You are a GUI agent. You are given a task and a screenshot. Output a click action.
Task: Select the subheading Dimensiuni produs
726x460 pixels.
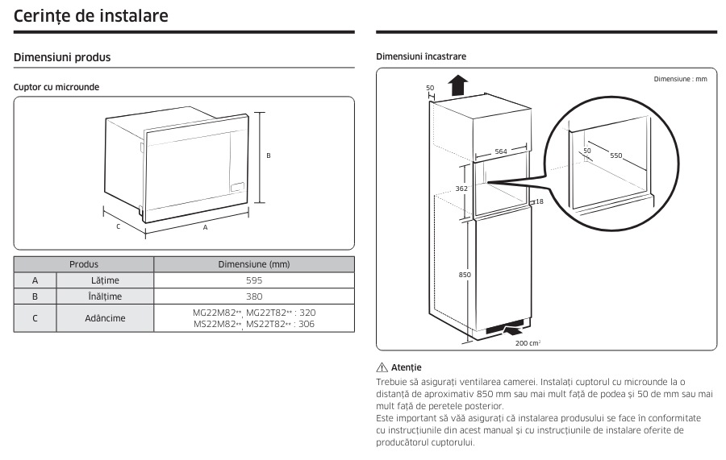click(62, 58)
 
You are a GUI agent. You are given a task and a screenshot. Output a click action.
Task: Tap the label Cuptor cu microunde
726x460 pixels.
click(56, 86)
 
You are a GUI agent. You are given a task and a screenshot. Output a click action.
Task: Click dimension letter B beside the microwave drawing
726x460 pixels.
click(269, 156)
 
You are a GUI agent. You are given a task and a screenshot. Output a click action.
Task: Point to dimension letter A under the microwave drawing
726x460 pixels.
click(205, 228)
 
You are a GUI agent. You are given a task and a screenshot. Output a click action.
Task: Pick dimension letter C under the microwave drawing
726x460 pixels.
click(118, 226)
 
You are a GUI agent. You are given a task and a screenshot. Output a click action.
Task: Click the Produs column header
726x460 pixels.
click(84, 264)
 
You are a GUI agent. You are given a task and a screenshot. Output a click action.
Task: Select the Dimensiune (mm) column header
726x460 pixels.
click(253, 264)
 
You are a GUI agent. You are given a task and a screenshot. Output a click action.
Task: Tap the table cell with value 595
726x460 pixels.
click(253, 280)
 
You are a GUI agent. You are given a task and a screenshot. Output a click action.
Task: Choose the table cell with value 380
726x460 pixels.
click(253, 296)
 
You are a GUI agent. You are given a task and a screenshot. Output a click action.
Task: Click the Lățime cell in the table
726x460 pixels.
click(105, 280)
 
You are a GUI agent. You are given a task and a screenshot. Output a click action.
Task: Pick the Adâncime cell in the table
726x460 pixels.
click(105, 317)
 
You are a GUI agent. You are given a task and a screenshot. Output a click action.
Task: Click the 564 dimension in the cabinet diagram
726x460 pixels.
click(500, 151)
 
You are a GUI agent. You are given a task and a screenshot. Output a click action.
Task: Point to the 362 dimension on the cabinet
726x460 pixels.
click(461, 189)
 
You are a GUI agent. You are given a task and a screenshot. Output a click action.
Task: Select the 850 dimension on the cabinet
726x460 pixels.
click(464, 275)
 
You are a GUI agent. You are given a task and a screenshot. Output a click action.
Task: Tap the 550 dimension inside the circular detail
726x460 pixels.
click(615, 155)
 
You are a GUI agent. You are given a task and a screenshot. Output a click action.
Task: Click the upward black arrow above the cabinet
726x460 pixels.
click(457, 84)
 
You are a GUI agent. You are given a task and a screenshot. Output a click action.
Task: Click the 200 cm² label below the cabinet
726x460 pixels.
click(528, 342)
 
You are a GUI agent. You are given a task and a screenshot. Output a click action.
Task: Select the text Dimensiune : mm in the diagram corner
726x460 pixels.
click(680, 79)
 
